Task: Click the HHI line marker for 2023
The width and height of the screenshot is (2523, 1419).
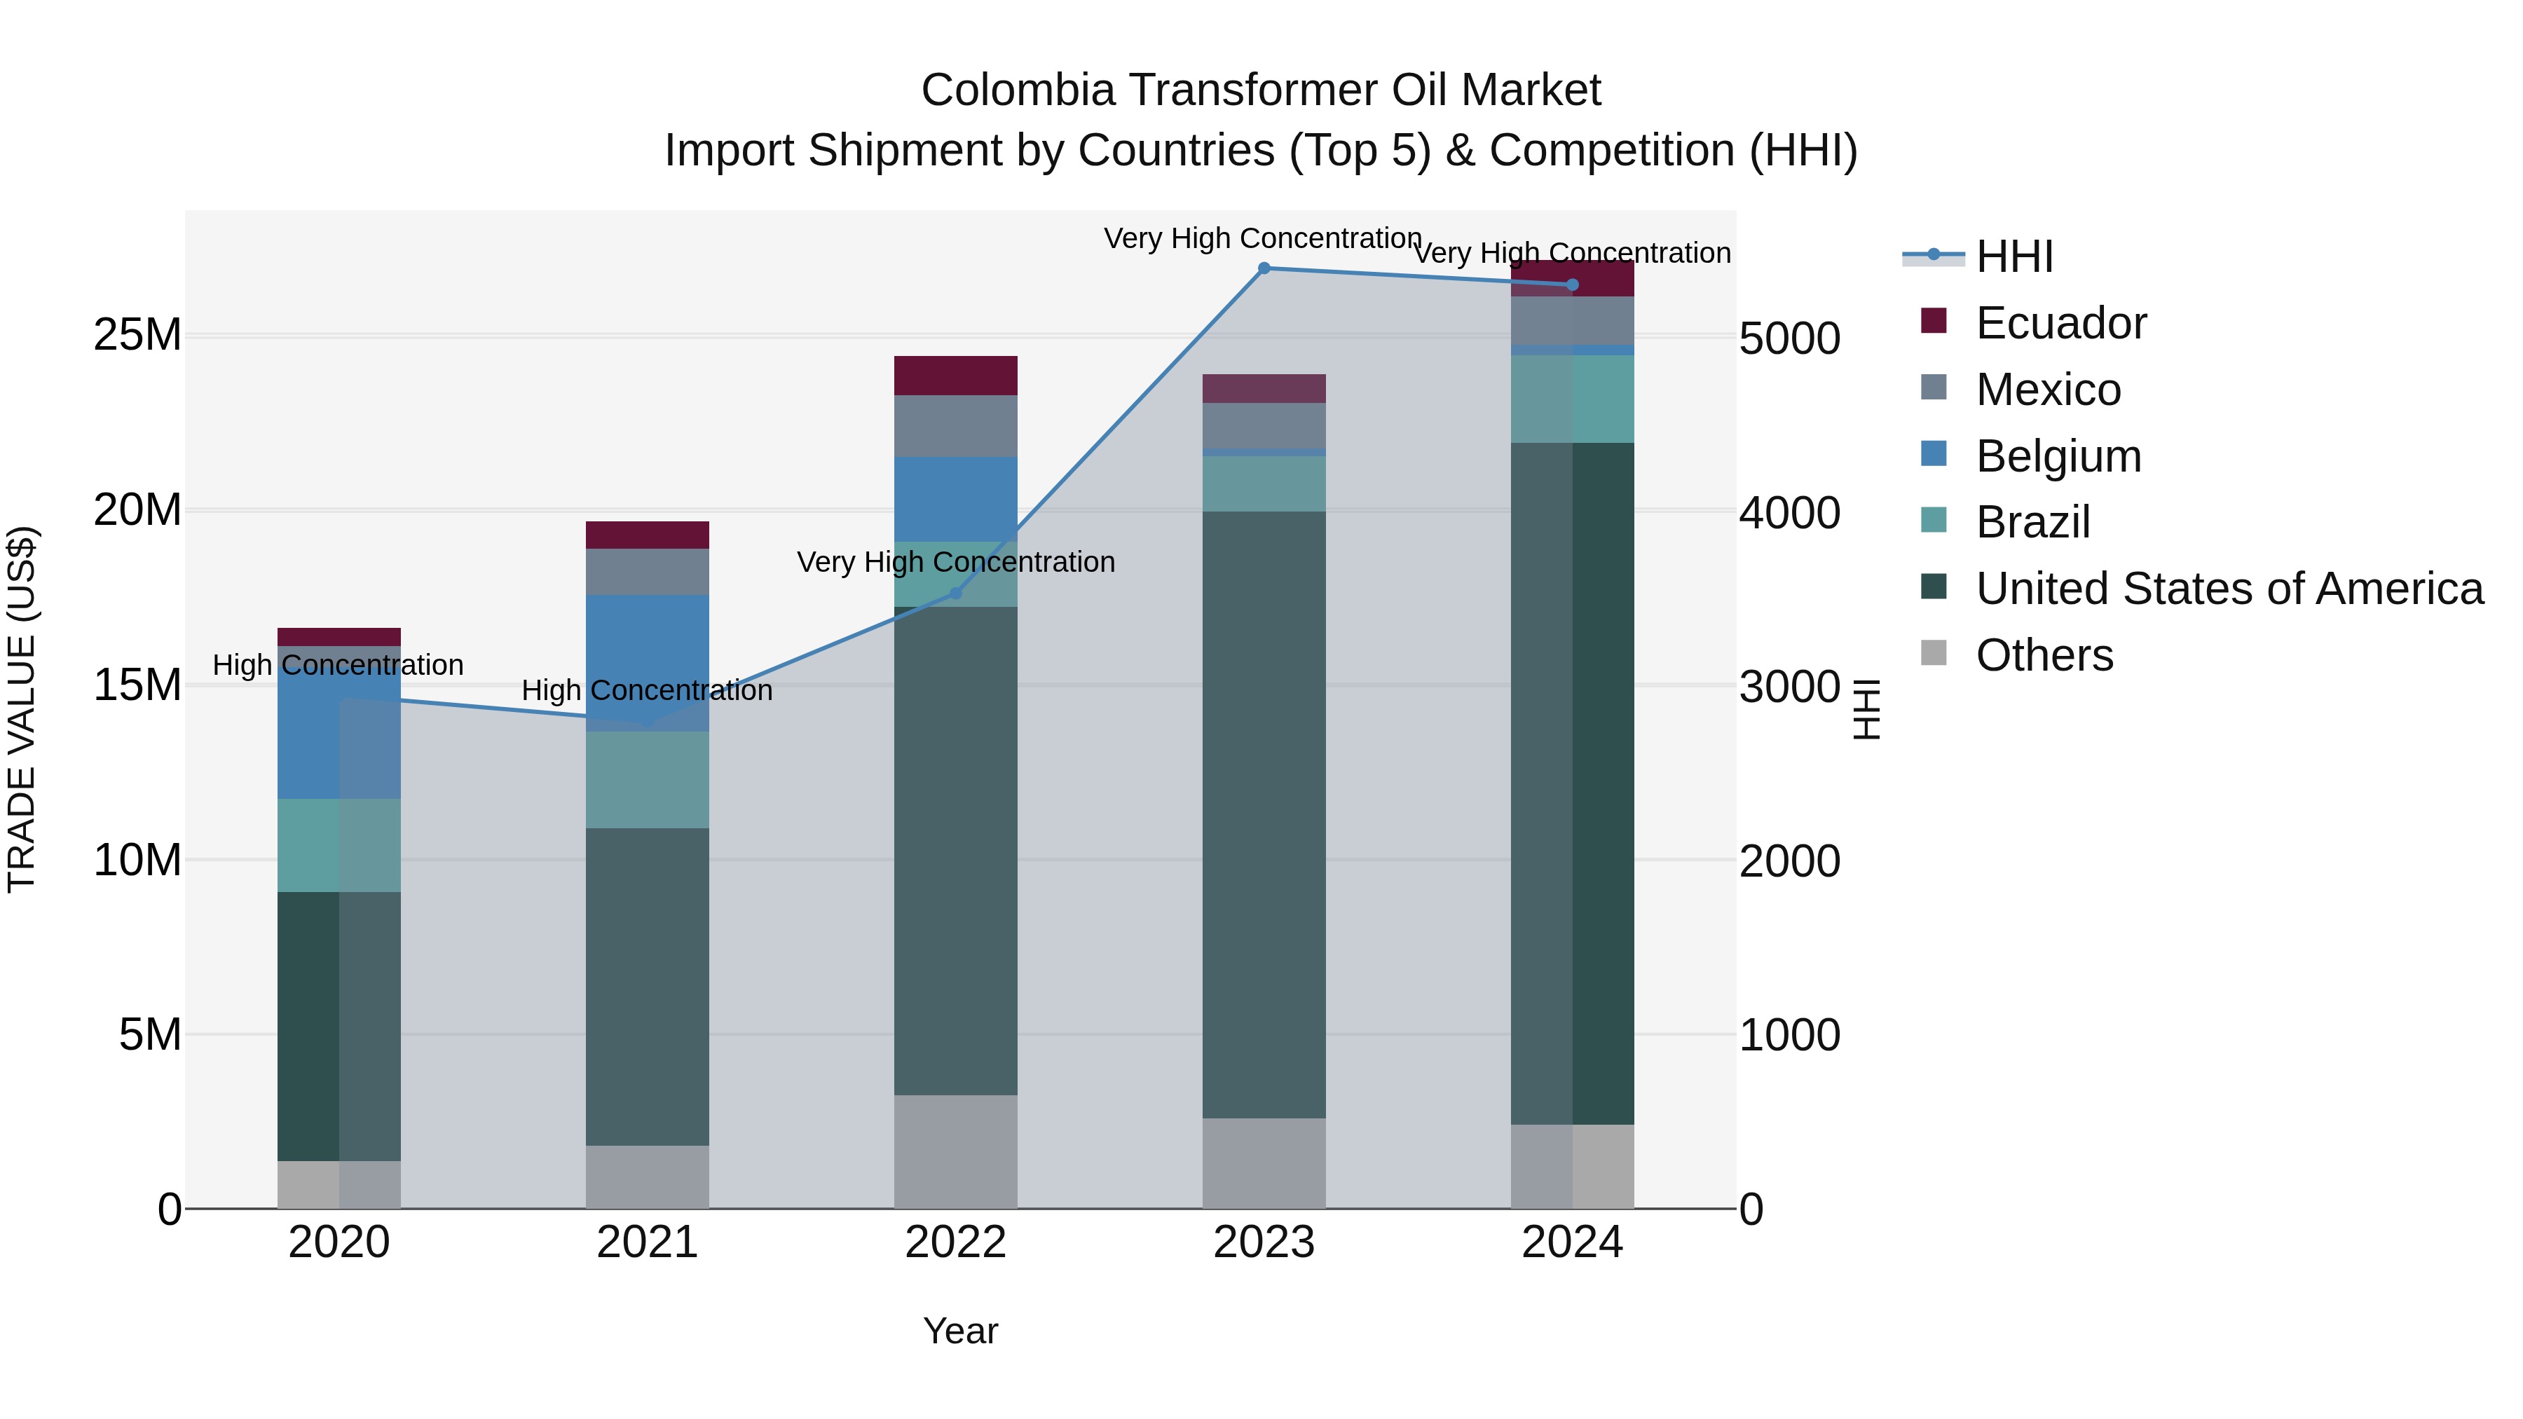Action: tap(1264, 268)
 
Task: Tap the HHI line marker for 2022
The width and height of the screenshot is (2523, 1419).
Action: tap(956, 594)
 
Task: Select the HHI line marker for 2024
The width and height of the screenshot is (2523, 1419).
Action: tap(1572, 285)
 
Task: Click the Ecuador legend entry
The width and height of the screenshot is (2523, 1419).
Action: tap(2060, 323)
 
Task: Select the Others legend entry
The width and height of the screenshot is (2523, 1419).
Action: tap(2044, 655)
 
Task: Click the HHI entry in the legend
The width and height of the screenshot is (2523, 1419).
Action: tap(2013, 256)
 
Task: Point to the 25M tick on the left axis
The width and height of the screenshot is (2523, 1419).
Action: tap(137, 335)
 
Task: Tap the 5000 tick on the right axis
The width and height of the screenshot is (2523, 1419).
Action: tap(1789, 339)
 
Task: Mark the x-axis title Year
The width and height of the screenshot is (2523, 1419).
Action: tap(960, 1331)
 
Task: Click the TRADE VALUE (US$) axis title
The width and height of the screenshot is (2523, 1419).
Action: tap(22, 709)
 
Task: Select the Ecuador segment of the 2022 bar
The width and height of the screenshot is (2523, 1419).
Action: tap(955, 376)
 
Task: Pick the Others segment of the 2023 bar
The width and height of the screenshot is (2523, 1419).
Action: tap(1264, 1163)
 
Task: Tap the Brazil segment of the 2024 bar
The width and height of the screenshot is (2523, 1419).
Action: tap(1572, 399)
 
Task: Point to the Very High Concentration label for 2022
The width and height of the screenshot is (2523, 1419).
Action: tap(955, 562)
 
